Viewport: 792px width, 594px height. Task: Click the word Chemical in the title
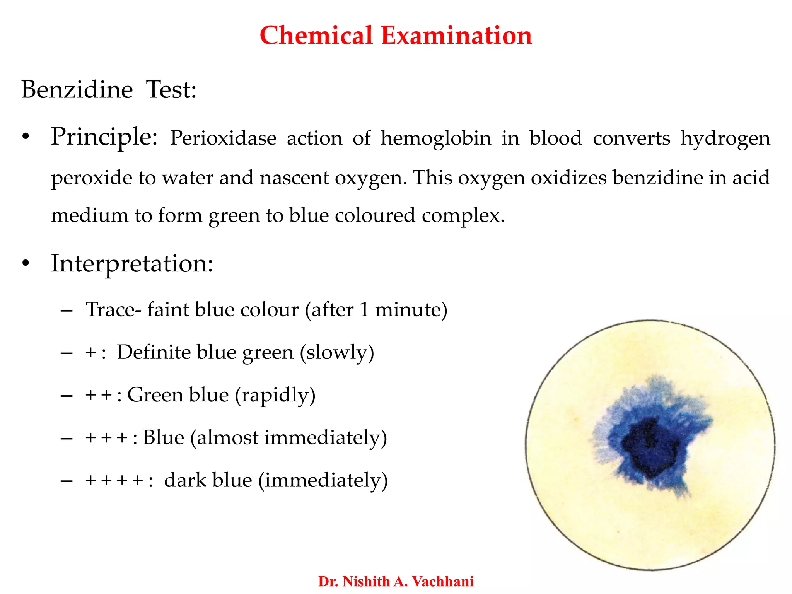316,36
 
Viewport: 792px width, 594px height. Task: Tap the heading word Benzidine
77,90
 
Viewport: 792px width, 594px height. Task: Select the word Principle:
104,138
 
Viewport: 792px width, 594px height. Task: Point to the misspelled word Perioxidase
223,138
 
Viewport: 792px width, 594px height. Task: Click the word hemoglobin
435,138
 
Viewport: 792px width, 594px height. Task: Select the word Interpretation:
132,264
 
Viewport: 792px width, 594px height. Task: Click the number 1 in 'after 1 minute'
364,310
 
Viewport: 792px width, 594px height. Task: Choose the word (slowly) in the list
337,353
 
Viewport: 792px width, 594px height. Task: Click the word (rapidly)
275,395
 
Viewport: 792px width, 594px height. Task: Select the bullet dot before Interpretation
26,264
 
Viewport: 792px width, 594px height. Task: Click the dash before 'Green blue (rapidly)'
67,396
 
